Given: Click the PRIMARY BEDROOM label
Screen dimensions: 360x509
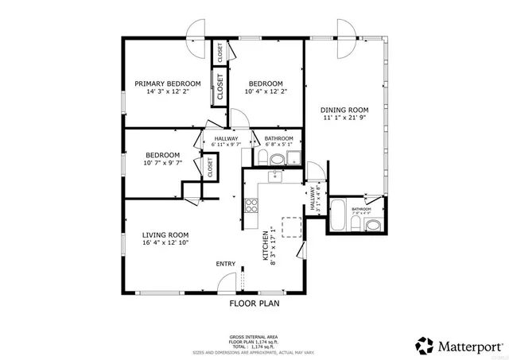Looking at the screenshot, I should pyautogui.click(x=167, y=83).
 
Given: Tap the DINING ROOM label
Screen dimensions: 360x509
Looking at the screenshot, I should pyautogui.click(x=344, y=110).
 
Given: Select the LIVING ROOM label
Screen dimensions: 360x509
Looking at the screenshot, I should pyautogui.click(x=165, y=234).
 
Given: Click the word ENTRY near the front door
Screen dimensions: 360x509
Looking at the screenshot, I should pyautogui.click(x=225, y=264).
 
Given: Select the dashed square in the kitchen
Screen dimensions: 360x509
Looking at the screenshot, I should pyautogui.click(x=291, y=228).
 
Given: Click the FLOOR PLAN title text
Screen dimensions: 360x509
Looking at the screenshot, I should pyautogui.click(x=254, y=303).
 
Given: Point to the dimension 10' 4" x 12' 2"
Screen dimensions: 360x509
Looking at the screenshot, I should pyautogui.click(x=265, y=92).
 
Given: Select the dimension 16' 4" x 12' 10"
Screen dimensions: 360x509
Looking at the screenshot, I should pyautogui.click(x=165, y=243).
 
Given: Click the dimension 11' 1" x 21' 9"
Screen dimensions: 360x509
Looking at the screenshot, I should pyautogui.click(x=344, y=118).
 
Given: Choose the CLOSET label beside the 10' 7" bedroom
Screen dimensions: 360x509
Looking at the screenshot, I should pyautogui.click(x=211, y=168).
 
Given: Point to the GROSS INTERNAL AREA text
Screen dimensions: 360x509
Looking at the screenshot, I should pyautogui.click(x=254, y=338).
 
